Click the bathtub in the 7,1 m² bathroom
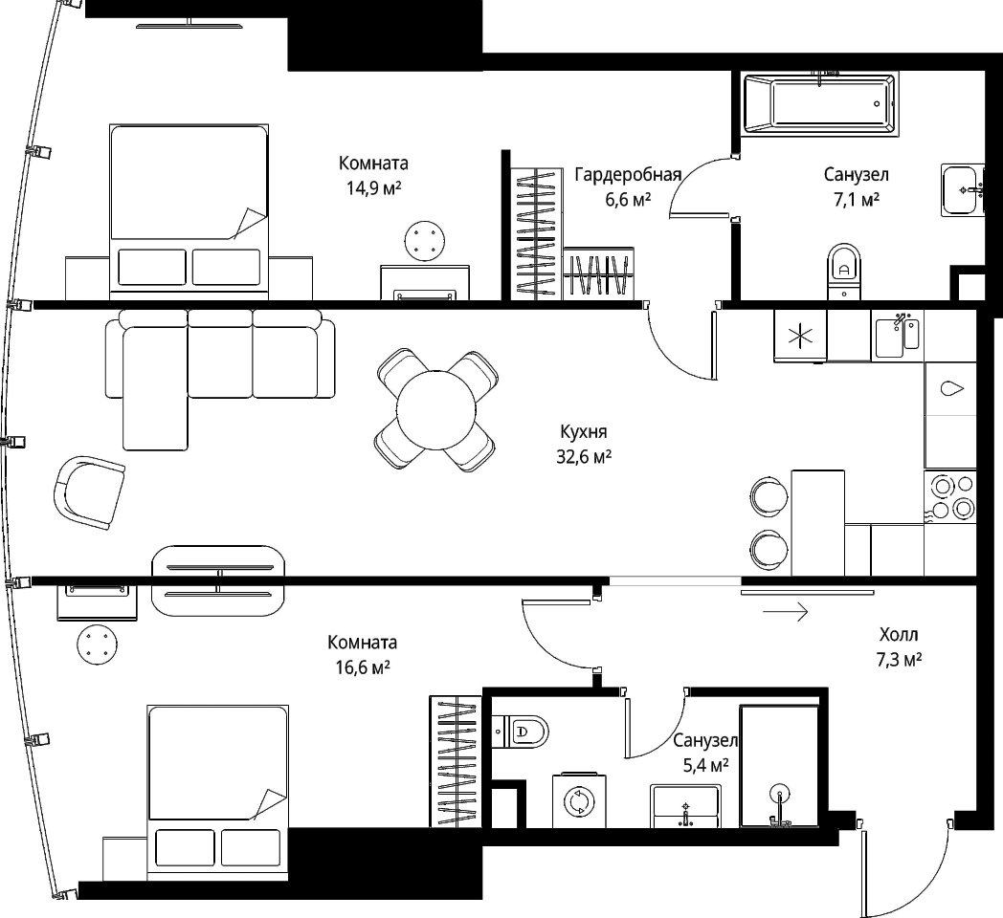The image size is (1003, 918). click(x=820, y=103)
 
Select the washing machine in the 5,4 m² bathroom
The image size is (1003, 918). click(x=579, y=801)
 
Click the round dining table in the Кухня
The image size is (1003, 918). click(x=436, y=410)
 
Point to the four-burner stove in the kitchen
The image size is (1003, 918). click(x=950, y=497)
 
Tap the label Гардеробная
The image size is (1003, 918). click(x=628, y=175)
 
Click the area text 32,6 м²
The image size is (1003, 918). click(x=584, y=457)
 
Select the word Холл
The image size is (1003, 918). click(x=899, y=634)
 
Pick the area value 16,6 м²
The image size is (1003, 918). click(x=363, y=668)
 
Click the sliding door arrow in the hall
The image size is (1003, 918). click(x=786, y=612)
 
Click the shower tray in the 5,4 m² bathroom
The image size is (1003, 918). click(x=779, y=767)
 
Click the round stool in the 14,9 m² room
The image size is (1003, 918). click(x=425, y=241)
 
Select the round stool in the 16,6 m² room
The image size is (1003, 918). click(x=98, y=645)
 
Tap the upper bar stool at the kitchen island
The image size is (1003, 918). click(x=769, y=496)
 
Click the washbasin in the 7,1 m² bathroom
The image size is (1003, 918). click(x=962, y=190)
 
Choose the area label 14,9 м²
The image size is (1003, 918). click(x=373, y=188)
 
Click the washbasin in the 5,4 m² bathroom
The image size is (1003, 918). click(x=685, y=806)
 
